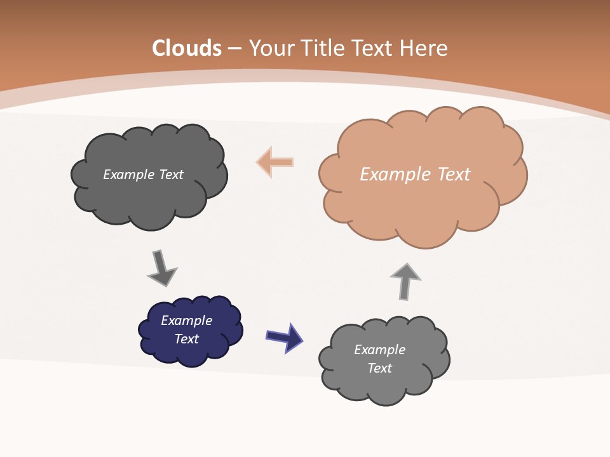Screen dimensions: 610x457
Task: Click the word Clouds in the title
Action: point(187,48)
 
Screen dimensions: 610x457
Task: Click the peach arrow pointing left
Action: point(274,162)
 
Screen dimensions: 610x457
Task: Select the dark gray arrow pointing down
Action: point(161,268)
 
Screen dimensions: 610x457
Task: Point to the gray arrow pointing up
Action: point(405,281)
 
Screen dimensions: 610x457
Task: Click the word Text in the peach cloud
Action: point(453,175)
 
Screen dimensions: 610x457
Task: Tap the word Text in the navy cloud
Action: point(186,339)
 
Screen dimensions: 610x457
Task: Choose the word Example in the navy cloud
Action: point(186,321)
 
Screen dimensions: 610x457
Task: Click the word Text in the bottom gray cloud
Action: point(379,368)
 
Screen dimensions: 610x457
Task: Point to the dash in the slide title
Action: point(234,48)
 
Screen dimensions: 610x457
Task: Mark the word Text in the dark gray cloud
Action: point(171,175)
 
